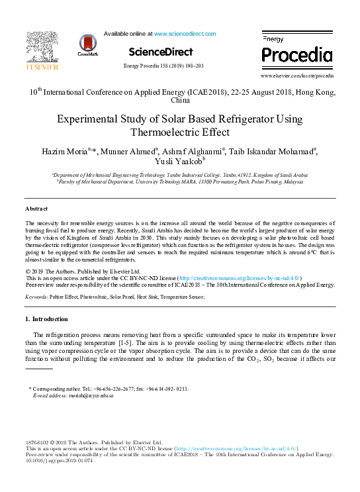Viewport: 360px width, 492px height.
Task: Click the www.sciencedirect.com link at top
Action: [183, 32]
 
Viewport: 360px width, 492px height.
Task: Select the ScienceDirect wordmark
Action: [161, 52]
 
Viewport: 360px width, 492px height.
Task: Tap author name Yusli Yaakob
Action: [187, 162]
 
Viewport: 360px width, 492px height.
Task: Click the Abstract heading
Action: [36, 208]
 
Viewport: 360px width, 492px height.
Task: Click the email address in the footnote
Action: [92, 395]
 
